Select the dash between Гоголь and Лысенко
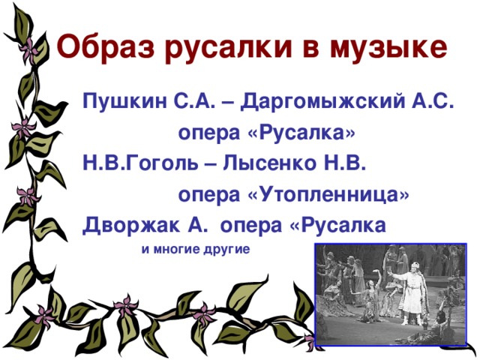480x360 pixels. (182, 163)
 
